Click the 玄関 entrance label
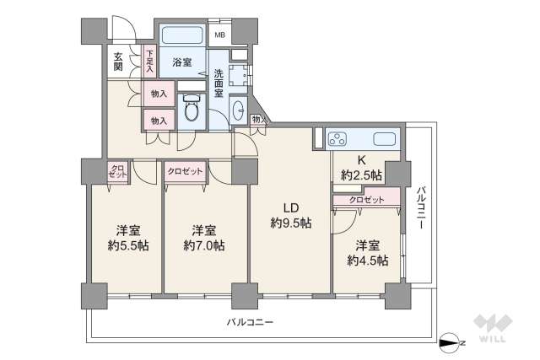[117, 62]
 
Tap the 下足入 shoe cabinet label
[149, 61]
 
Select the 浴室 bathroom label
[181, 62]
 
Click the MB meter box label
[219, 35]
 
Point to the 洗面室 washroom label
[219, 82]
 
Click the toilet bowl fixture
[191, 109]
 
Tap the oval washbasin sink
[237, 110]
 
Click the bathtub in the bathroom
[181, 36]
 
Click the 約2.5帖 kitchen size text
[361, 175]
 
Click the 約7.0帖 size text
[204, 245]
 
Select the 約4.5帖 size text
[367, 261]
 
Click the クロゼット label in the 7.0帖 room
[186, 171]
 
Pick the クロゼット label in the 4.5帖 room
[366, 200]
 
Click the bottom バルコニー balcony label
[249, 322]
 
